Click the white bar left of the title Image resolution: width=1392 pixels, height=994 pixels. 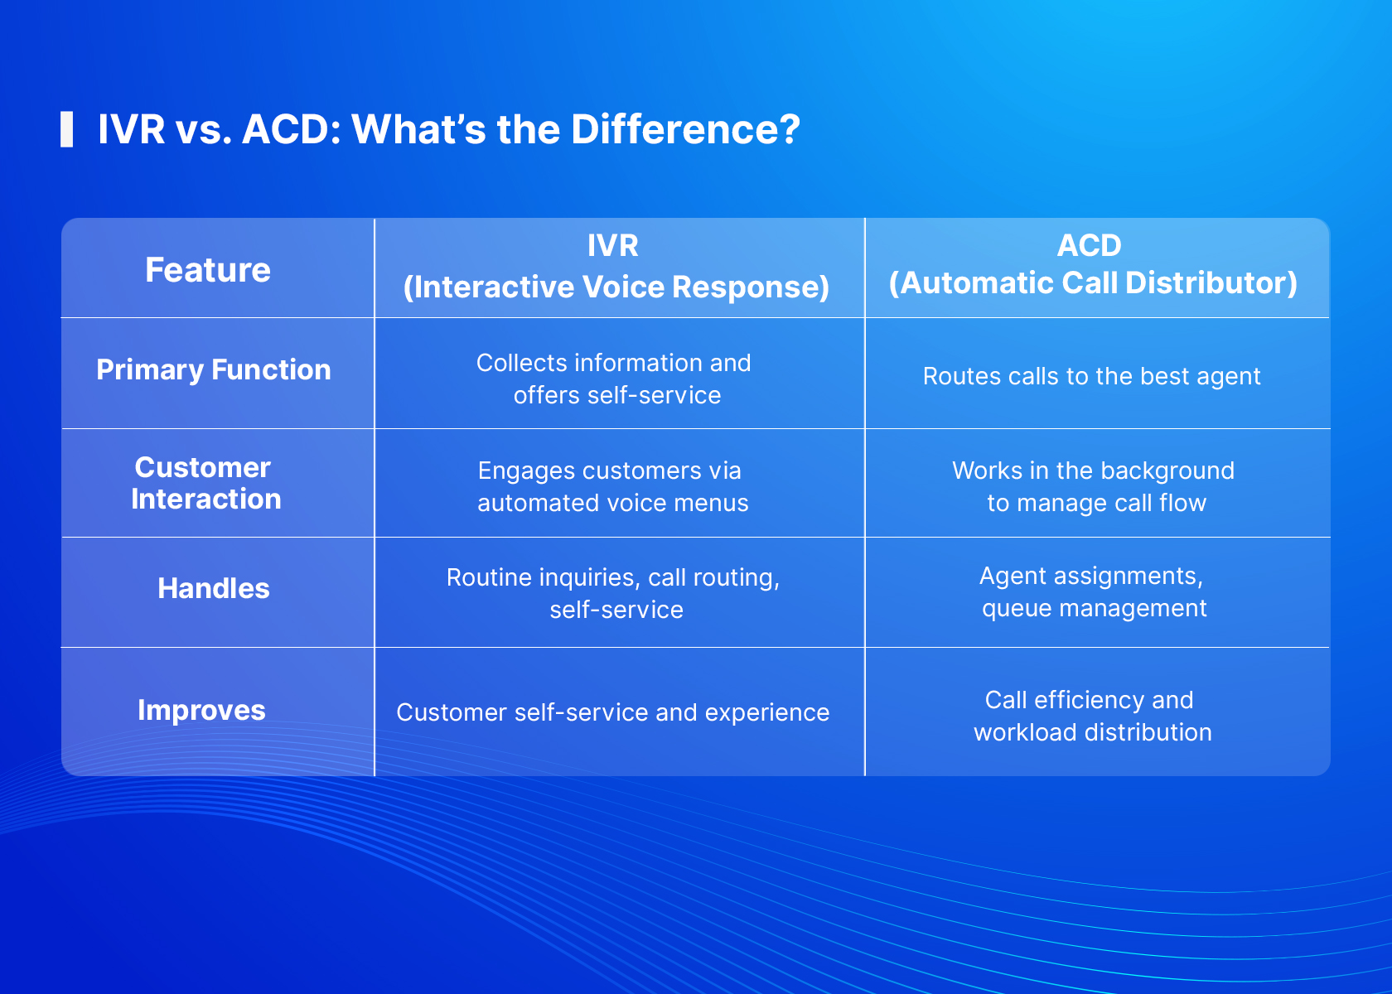(66, 129)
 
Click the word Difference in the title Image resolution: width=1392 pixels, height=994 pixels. (685, 129)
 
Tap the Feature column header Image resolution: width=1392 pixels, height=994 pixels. (208, 270)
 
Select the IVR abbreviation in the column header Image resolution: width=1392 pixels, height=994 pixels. (613, 245)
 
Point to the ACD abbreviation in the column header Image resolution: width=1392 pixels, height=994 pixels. (1090, 245)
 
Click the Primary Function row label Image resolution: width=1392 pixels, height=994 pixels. (214, 369)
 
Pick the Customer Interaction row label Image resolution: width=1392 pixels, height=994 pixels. (205, 483)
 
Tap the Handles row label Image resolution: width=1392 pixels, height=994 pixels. (214, 588)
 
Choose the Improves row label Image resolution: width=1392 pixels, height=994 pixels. (201, 710)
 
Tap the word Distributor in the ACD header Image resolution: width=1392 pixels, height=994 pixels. (1211, 282)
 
